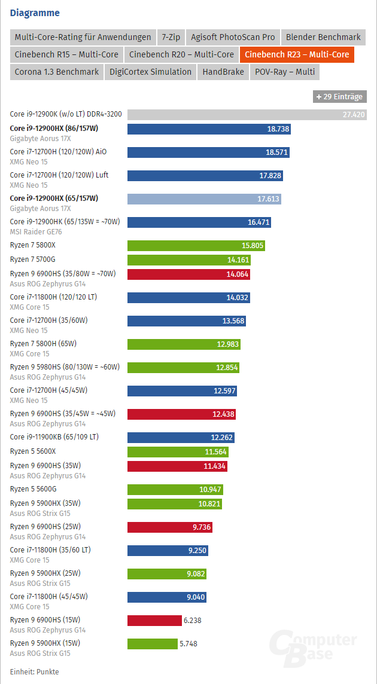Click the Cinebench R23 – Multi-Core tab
tap(297, 54)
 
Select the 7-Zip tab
tap(171, 37)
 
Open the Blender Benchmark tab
tap(323, 37)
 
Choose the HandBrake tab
tap(223, 72)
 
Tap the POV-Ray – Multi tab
tap(284, 72)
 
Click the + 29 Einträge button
tap(339, 96)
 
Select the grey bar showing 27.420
tap(247, 114)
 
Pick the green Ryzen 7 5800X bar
tap(196, 245)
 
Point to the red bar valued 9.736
tap(170, 527)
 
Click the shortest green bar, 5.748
tap(153, 643)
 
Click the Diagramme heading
tap(35, 12)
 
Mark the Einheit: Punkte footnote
tap(34, 671)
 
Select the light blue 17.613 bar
tap(204, 199)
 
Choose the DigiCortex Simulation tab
tap(150, 72)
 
